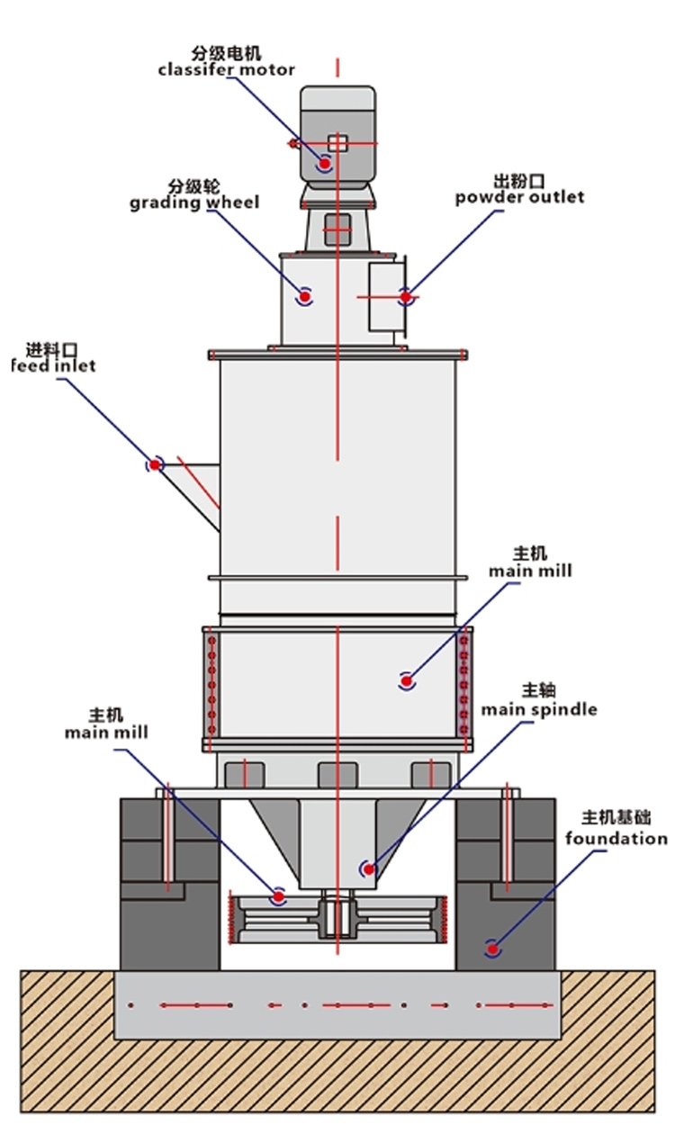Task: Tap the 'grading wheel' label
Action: [193, 202]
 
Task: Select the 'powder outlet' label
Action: [519, 196]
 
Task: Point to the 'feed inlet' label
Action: [53, 365]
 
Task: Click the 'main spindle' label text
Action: [538, 709]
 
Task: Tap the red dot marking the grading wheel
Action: [305, 294]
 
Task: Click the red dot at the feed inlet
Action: [155, 464]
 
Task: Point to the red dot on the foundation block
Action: [491, 947]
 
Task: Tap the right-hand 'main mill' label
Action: [530, 571]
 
